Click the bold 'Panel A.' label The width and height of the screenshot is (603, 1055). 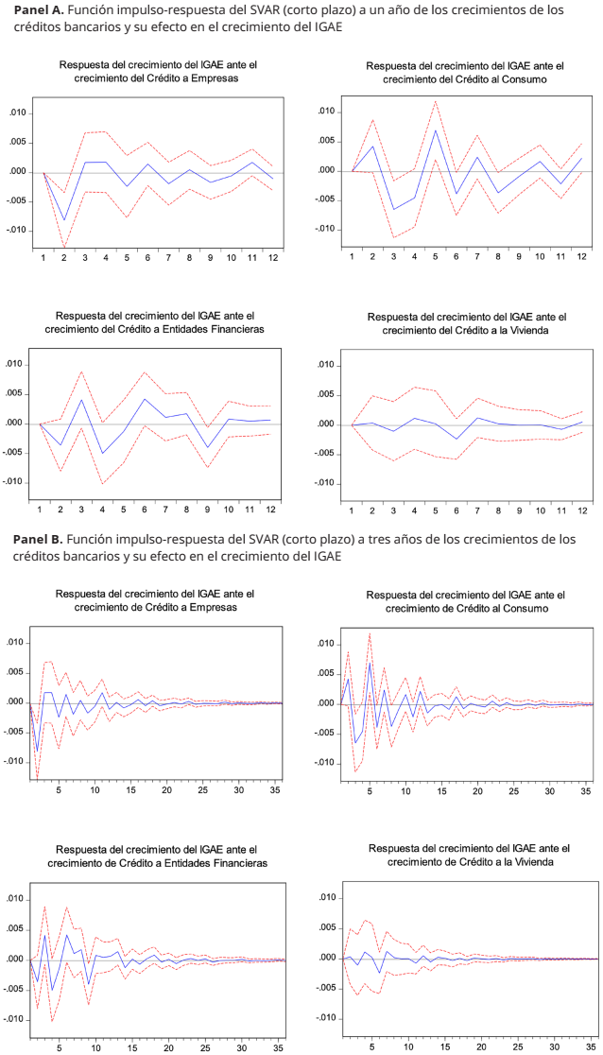39,10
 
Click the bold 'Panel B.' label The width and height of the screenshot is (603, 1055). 39,541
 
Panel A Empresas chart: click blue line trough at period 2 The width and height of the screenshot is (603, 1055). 64,220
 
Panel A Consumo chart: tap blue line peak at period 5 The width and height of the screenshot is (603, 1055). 436,130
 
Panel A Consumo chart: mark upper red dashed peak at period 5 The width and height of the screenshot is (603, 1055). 436,101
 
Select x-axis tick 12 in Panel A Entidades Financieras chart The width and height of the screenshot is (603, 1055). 271,510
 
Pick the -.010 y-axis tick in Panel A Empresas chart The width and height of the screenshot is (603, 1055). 18,231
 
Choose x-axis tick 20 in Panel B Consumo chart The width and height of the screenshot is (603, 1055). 478,790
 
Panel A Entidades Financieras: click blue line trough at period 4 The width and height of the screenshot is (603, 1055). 102,454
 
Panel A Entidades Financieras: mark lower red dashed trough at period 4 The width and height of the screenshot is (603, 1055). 102,484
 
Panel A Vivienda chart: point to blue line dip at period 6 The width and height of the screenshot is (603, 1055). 457,439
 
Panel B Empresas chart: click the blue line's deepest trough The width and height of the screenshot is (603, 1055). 37,751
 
